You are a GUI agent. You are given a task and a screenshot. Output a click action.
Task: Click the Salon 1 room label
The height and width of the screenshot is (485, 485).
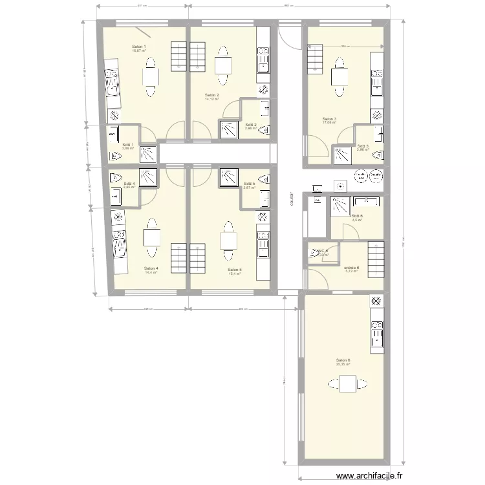pos(139,47)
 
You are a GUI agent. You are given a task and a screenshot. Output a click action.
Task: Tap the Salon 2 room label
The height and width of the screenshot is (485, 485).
pos(212,96)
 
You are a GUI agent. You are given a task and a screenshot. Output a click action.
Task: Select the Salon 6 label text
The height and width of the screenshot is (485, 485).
pos(343,360)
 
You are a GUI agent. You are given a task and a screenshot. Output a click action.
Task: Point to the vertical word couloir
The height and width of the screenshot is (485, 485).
pos(292,199)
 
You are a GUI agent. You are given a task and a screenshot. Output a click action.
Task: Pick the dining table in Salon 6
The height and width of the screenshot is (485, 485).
pos(348,383)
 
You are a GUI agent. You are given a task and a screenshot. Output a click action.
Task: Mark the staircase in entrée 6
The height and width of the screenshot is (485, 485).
pos(375,258)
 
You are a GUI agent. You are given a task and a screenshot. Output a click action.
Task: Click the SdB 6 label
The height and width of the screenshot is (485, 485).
pos(357,216)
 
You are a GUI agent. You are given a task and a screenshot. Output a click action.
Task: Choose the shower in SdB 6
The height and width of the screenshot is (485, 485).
pos(340,207)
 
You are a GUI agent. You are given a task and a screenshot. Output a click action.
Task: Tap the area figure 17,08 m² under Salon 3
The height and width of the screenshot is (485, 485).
pos(330,122)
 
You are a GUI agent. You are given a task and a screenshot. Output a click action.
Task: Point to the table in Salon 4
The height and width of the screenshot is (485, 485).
pos(151,237)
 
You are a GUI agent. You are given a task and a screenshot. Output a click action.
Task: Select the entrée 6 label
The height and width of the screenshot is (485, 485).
pos(352,267)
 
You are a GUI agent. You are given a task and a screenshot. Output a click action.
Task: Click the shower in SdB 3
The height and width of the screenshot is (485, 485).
pos(341,155)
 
